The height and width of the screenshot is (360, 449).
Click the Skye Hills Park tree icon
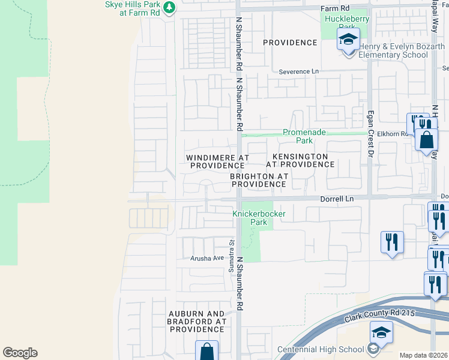169,7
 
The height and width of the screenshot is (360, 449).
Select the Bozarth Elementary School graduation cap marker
349,41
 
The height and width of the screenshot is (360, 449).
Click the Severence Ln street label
299,71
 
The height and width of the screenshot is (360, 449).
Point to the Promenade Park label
298,137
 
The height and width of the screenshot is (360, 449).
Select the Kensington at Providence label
297,160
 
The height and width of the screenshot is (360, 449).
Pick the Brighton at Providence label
259,180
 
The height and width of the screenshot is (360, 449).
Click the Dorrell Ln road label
337,198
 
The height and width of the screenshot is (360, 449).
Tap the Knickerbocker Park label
259,218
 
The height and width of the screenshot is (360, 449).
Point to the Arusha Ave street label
207,258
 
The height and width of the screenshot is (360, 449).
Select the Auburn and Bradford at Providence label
197,322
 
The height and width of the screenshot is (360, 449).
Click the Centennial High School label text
321,349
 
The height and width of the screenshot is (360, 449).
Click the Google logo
20,353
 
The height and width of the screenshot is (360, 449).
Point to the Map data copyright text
423,355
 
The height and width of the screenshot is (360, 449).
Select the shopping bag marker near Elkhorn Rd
426,140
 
